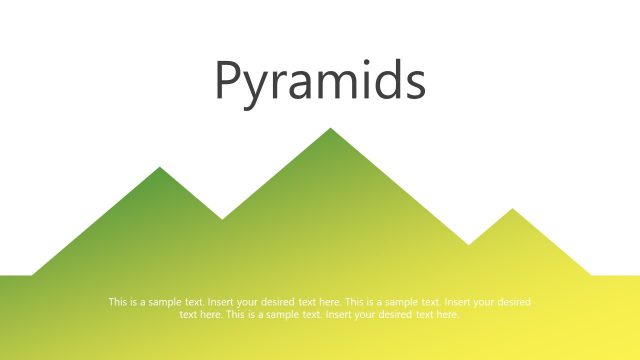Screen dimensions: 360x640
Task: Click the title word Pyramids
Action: pyautogui.click(x=320, y=82)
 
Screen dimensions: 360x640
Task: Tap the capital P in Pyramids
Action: pyautogui.click(x=229, y=80)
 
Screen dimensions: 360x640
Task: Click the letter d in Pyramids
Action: pyautogui.click(x=388, y=81)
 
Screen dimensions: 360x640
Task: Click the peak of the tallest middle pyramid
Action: pyautogui.click(x=330, y=129)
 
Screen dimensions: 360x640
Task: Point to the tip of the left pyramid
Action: pyautogui.click(x=160, y=167)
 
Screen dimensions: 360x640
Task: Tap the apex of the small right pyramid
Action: pyautogui.click(x=512, y=209)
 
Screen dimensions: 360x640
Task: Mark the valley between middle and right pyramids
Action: pyautogui.click(x=468, y=244)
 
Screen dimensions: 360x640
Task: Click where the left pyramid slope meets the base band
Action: pyautogui.click(x=32, y=274)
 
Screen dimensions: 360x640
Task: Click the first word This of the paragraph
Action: pyautogui.click(x=117, y=302)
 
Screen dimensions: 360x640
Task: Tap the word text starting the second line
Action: pyautogui.click(x=188, y=314)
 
